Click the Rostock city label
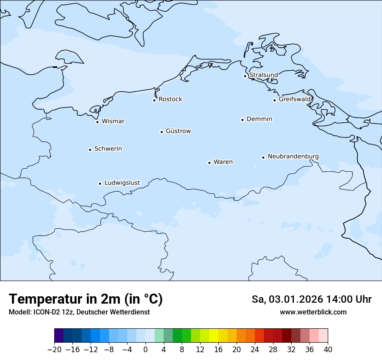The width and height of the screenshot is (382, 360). pos(170,99)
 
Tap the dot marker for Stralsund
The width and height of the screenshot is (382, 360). pos(245,76)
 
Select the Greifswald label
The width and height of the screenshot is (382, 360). pos(295,99)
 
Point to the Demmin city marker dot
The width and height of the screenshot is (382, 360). pos(242,120)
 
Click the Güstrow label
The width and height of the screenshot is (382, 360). pos(178,131)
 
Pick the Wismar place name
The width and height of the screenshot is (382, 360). pos(113,121)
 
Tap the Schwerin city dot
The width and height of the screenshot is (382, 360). pos(90,150)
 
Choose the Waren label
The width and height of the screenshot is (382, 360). pos(223,162)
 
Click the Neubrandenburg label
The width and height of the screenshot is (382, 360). pos(293,156)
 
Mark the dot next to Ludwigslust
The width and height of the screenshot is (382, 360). pos(100,183)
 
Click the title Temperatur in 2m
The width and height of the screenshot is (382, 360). pos(86,299)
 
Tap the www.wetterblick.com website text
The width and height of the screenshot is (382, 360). pos(313,312)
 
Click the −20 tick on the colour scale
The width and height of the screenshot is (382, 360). pos(54,350)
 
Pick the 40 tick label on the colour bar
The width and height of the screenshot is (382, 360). pos(328,350)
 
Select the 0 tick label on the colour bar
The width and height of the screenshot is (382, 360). pos(145,350)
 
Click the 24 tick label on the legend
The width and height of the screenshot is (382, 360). pos(255,350)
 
